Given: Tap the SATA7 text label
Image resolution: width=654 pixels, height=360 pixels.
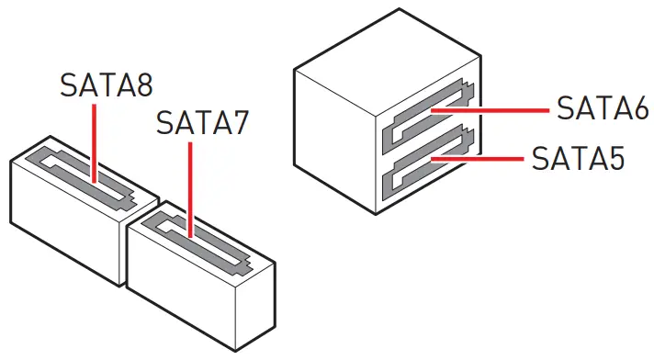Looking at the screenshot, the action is click(x=203, y=121).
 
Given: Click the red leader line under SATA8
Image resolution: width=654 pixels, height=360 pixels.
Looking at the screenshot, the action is click(x=95, y=138).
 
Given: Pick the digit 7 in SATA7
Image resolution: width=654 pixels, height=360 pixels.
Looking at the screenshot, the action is click(x=238, y=121).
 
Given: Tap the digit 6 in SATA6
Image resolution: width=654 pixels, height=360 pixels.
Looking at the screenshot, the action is click(x=637, y=108).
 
